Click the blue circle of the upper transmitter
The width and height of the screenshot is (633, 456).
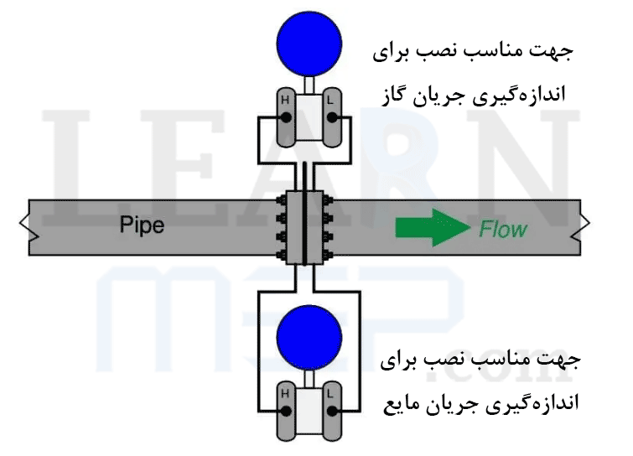pyautogui.click(x=309, y=40)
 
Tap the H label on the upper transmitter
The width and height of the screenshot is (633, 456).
pyautogui.click(x=284, y=101)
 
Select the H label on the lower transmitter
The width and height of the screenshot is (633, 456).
pyautogui.click(x=284, y=392)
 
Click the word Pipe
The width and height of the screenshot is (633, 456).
pyautogui.click(x=143, y=225)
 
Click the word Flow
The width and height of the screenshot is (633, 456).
pyautogui.click(x=503, y=228)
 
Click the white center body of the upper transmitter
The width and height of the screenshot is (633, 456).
pyautogui.click(x=309, y=112)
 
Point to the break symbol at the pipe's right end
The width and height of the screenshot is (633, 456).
pyautogui.click(x=588, y=226)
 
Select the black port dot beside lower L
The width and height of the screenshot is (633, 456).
pyautogui.click(x=333, y=411)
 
